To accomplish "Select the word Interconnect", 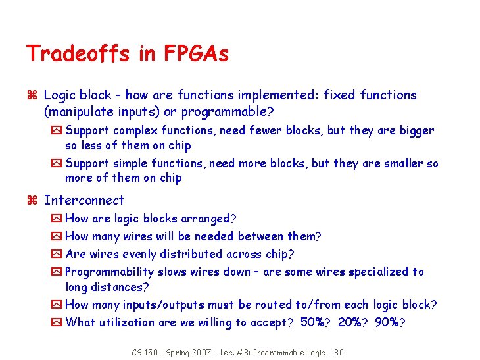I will (x=84, y=200).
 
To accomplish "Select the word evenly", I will (x=137, y=254).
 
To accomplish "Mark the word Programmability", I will (x=109, y=272).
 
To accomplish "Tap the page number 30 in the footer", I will (x=338, y=352).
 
